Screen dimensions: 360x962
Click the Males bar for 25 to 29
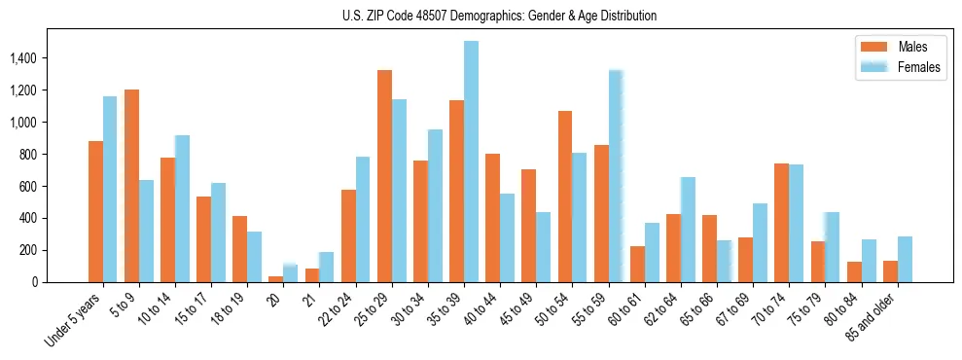[x=384, y=176]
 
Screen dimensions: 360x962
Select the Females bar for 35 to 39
[x=471, y=162]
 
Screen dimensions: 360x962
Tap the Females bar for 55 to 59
[x=616, y=176]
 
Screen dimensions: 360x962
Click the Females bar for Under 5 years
[x=110, y=189]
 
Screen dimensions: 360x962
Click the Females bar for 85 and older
[x=905, y=259]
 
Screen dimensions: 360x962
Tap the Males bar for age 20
[x=276, y=279]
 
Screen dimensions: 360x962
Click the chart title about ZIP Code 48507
[x=499, y=16]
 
